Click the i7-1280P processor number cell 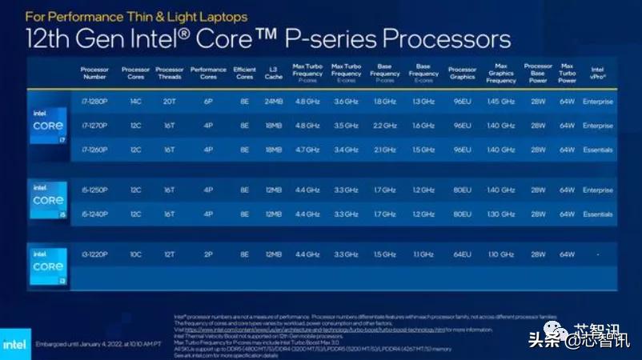click(x=94, y=102)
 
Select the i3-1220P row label click(x=94, y=254)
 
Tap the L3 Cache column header click(x=274, y=74)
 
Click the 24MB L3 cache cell click(x=274, y=102)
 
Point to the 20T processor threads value click(x=170, y=102)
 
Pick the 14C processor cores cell click(x=135, y=102)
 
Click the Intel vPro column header click(x=597, y=74)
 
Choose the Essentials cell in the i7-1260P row click(x=597, y=150)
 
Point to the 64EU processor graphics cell click(x=462, y=254)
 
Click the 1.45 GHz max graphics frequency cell click(x=501, y=102)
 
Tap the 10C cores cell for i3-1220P click(x=135, y=254)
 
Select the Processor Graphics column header click(x=462, y=74)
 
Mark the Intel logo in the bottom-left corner click(x=15, y=344)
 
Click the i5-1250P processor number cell click(x=94, y=190)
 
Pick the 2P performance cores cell click(x=208, y=254)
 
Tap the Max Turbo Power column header click(x=568, y=74)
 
